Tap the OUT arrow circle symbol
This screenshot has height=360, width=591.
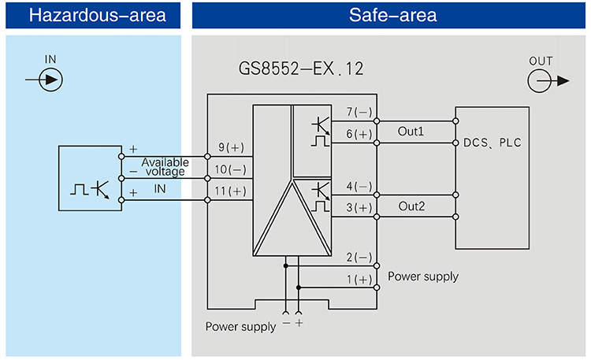pyautogui.click(x=540, y=80)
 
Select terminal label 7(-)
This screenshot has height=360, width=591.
pyautogui.click(x=359, y=112)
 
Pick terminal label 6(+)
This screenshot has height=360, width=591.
pyautogui.click(x=359, y=134)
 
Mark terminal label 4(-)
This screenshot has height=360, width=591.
pyautogui.click(x=359, y=186)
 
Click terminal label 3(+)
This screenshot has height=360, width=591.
pyautogui.click(x=359, y=207)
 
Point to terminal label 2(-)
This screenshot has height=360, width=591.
pyautogui.click(x=359, y=258)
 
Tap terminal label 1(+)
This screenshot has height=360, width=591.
pyautogui.click(x=359, y=280)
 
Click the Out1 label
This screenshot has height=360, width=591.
pyautogui.click(x=411, y=132)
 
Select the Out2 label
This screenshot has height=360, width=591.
pyautogui.click(x=411, y=206)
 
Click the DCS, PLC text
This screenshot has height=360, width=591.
pyautogui.click(x=492, y=143)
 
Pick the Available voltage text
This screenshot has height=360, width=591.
pyautogui.click(x=165, y=166)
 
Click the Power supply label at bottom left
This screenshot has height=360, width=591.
pyautogui.click(x=240, y=326)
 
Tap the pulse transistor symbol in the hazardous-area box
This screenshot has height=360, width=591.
pyautogui.click(x=90, y=188)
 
